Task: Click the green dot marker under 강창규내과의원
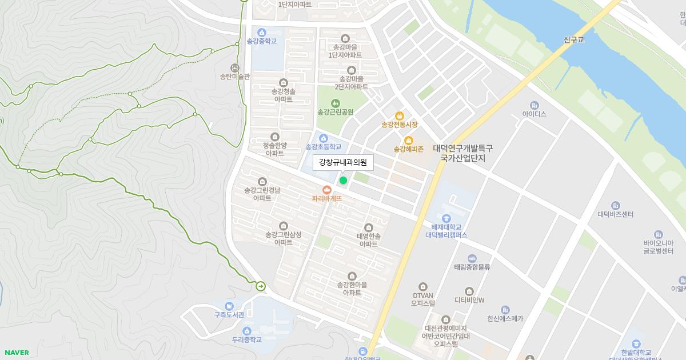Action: [x=343, y=181]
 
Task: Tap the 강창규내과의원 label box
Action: [x=342, y=162]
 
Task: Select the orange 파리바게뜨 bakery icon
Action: [x=327, y=189]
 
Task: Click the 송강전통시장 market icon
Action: [x=400, y=115]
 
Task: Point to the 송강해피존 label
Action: [x=408, y=150]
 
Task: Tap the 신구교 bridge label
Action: [x=573, y=40]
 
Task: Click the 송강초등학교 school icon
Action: [x=324, y=138]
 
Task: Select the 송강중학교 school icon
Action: [x=262, y=32]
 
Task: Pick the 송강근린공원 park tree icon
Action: [x=336, y=102]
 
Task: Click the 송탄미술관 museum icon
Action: [x=235, y=67]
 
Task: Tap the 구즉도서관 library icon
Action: [x=229, y=306]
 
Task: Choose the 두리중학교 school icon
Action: [x=247, y=330]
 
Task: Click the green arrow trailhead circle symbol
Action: [x=261, y=286]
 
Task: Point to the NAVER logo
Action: [x=17, y=353]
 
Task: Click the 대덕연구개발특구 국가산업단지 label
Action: [x=462, y=153]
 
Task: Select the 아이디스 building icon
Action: [x=535, y=105]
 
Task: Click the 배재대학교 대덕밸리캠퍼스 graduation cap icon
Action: [x=446, y=218]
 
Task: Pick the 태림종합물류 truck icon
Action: [x=472, y=258]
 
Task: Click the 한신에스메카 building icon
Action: [x=505, y=310]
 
